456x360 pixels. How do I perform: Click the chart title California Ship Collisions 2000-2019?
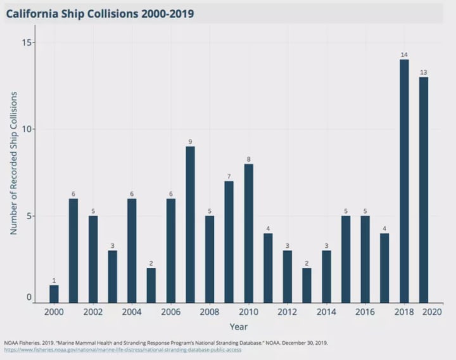point(100,13)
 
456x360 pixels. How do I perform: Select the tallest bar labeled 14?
point(404,181)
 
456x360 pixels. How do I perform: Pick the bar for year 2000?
point(54,294)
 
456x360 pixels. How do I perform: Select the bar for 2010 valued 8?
point(248,233)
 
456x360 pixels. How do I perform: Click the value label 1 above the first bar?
point(54,281)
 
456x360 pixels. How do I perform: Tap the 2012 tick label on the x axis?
point(288,312)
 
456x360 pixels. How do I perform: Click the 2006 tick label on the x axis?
point(170,312)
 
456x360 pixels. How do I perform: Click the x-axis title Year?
point(239,327)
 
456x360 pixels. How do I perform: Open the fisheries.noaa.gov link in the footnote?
point(122,349)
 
